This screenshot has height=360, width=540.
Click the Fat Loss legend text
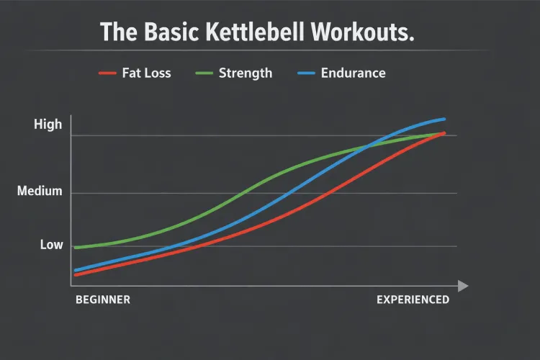click(x=147, y=73)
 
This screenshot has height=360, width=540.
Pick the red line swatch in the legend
click(x=108, y=73)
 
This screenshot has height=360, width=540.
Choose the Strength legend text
click(x=245, y=73)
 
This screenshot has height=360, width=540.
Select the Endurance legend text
click(x=354, y=73)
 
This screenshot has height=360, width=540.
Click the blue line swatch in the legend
click(x=306, y=73)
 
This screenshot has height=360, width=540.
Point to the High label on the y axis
click(x=48, y=125)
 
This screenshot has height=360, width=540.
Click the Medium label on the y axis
click(x=40, y=192)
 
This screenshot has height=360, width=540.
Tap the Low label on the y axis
click(x=51, y=245)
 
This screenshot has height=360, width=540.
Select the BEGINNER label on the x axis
click(x=103, y=300)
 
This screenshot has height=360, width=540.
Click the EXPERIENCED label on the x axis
click(x=413, y=300)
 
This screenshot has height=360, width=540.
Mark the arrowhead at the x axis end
click(x=462, y=286)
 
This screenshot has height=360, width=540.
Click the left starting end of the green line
click(x=76, y=247)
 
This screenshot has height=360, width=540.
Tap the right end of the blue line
click(x=444, y=119)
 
